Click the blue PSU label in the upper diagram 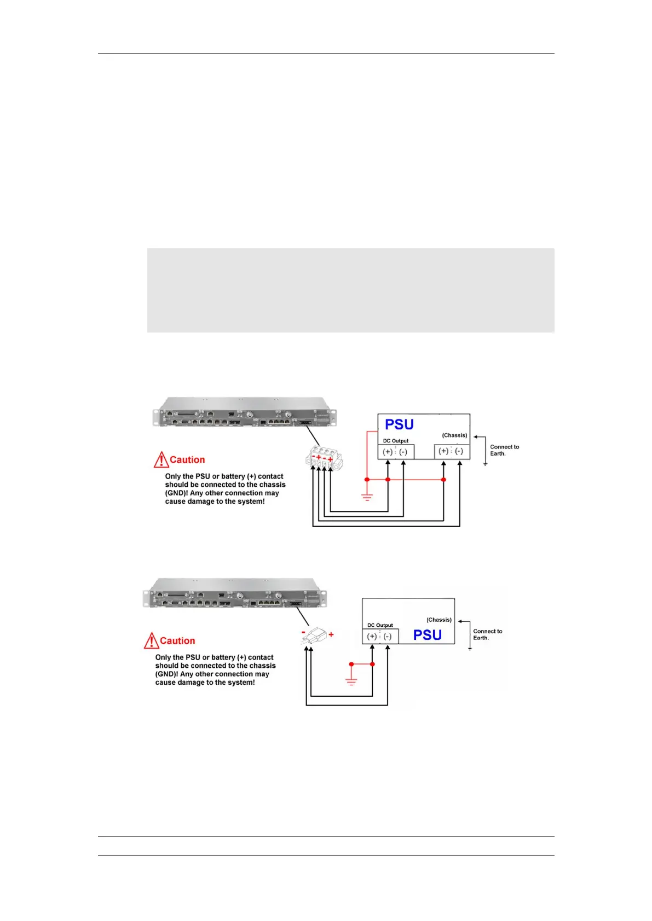pyautogui.click(x=399, y=424)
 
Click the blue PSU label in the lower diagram pyautogui.click(x=427, y=635)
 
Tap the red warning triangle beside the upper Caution pyautogui.click(x=161, y=459)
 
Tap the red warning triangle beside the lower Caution pyautogui.click(x=151, y=640)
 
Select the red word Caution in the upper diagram pyautogui.click(x=187, y=460)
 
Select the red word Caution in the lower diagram pyautogui.click(x=177, y=641)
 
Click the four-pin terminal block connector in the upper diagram pyautogui.click(x=324, y=459)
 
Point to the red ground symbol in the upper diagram pyautogui.click(x=367, y=498)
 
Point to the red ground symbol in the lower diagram pyautogui.click(x=351, y=681)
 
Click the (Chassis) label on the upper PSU pyautogui.click(x=454, y=435)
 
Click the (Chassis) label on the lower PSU pyautogui.click(x=439, y=620)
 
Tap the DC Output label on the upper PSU pyautogui.click(x=396, y=441)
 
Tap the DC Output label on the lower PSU pyautogui.click(x=380, y=625)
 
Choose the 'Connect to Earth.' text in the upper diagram pyautogui.click(x=504, y=450)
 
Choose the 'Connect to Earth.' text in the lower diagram pyautogui.click(x=488, y=634)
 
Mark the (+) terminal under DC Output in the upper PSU pyautogui.click(x=388, y=452)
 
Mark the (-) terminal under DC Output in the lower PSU pyautogui.click(x=388, y=637)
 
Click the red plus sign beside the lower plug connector pyautogui.click(x=331, y=635)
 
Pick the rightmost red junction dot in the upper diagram pyautogui.click(x=443, y=480)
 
